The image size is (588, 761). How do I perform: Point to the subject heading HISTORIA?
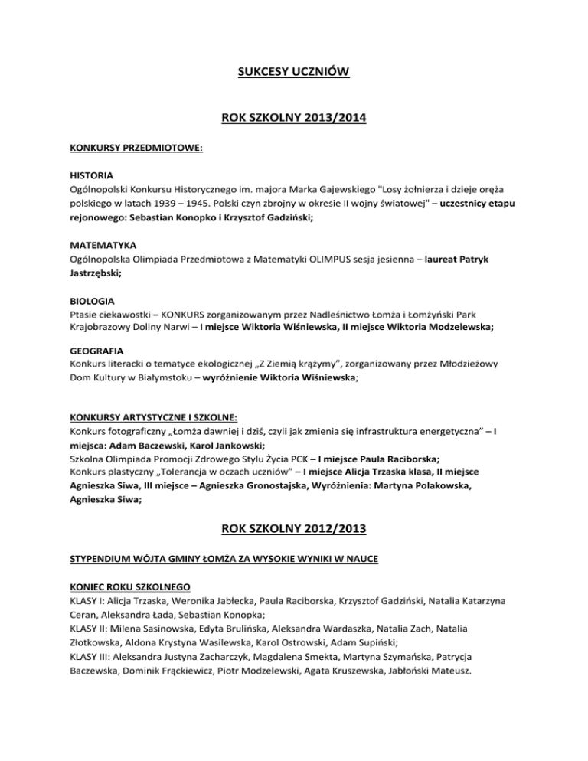[90, 175]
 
